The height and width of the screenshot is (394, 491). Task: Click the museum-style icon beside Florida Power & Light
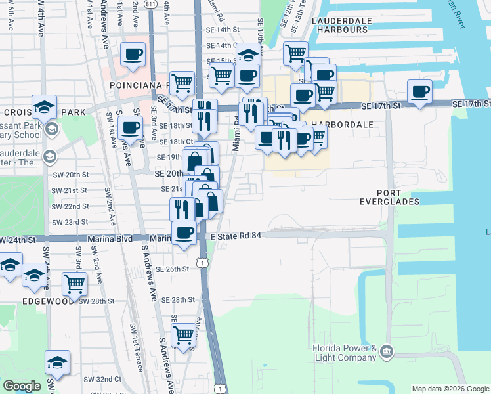[388, 353]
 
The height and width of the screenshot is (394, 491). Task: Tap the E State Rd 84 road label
[236, 236]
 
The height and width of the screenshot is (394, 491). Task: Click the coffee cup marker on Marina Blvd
[184, 232]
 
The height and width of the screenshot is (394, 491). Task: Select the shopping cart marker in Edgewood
[75, 284]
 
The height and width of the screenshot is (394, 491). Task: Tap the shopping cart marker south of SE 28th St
[184, 334]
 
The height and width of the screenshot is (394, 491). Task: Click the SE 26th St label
[173, 269]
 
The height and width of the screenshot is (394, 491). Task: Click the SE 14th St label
[220, 30]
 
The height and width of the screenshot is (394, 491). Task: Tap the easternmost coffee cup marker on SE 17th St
[419, 91]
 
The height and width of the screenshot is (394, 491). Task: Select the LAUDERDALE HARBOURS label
[339, 24]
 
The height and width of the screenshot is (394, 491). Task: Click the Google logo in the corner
[22, 386]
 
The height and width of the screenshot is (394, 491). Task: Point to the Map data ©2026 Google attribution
[449, 389]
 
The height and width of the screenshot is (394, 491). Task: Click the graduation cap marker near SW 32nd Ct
[57, 362]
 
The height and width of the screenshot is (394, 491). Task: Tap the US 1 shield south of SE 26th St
[204, 263]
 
